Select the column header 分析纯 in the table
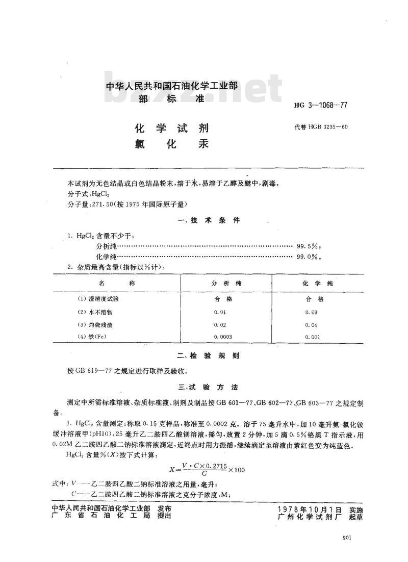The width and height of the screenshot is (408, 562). pos(226,283)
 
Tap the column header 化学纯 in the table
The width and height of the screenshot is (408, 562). pos(314,283)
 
